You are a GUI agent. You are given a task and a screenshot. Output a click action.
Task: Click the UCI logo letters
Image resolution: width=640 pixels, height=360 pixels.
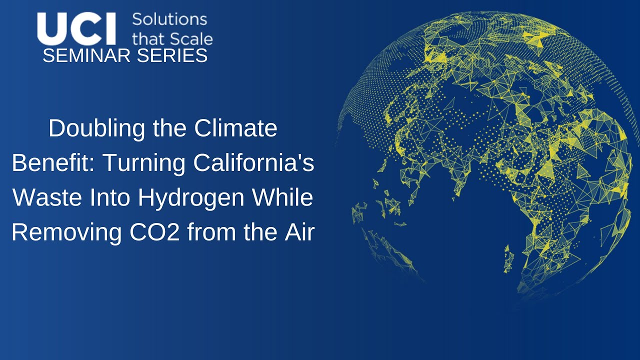(76, 29)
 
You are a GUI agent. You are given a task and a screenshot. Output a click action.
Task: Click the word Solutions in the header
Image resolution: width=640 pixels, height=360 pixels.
(169, 19)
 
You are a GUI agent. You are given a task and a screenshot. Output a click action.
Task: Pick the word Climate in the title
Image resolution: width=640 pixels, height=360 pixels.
(236, 129)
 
